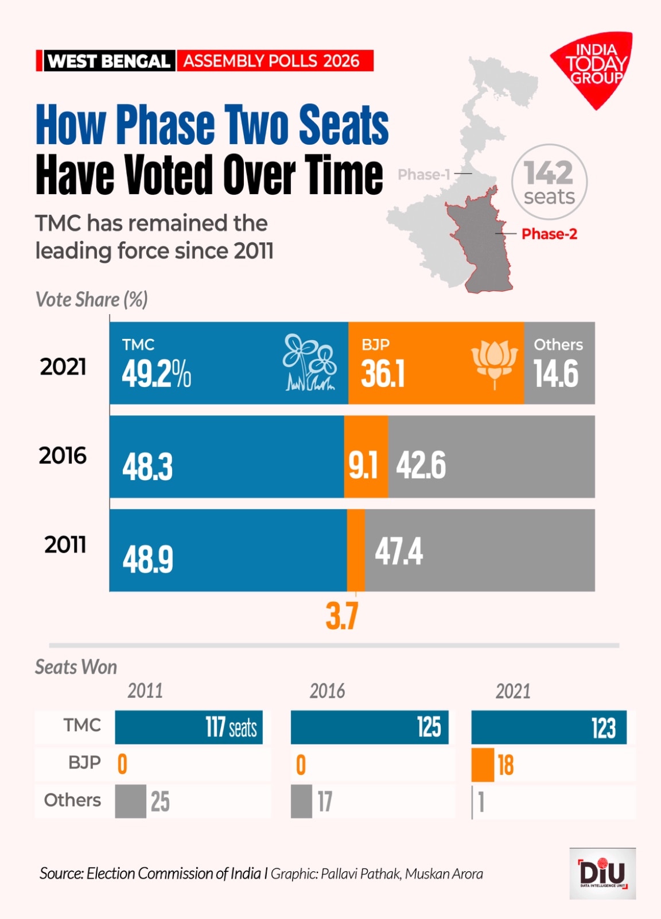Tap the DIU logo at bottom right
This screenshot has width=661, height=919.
[x=602, y=873]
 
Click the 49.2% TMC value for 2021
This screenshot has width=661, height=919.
[x=156, y=374]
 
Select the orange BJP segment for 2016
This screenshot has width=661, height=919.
[x=366, y=457]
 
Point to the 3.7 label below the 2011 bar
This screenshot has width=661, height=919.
[x=342, y=616]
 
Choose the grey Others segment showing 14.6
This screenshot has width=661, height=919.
[x=559, y=363]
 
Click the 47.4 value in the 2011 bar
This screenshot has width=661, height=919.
[x=399, y=551]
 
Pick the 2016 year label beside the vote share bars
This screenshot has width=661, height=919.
[x=63, y=456]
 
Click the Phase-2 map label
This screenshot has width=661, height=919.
[x=549, y=234]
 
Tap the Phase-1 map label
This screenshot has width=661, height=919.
[x=424, y=174]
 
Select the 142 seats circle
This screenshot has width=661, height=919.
[x=549, y=182]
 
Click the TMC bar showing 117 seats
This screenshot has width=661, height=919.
[x=189, y=727]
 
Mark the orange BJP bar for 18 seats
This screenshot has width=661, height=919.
[x=483, y=764]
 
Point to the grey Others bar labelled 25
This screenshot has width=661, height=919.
[x=130, y=801]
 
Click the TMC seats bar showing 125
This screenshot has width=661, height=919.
[x=370, y=727]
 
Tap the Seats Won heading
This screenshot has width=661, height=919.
[x=76, y=667]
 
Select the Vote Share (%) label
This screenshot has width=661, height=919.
[x=92, y=299]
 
